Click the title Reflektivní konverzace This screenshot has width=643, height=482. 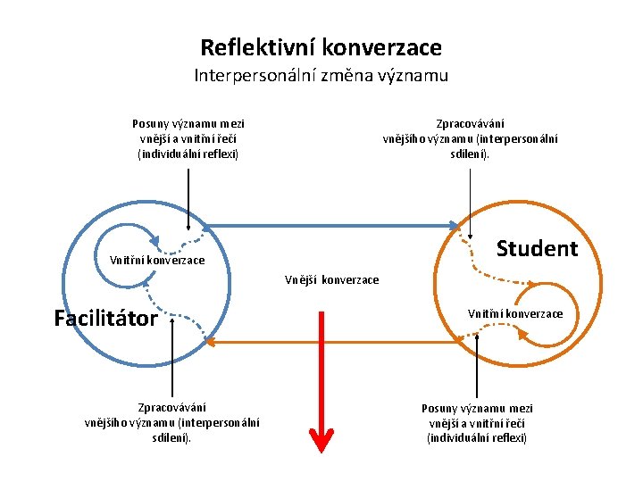point(321,46)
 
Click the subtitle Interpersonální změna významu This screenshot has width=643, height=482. point(321,76)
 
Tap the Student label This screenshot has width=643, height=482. point(537,248)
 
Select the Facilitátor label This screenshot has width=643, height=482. point(105,319)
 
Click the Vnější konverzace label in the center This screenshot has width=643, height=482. point(331,280)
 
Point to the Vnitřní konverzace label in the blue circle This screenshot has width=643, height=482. point(157,261)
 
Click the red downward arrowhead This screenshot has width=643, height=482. point(321,440)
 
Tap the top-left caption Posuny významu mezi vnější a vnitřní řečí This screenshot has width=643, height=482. point(188,138)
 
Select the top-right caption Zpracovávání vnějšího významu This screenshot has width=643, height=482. point(471,138)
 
